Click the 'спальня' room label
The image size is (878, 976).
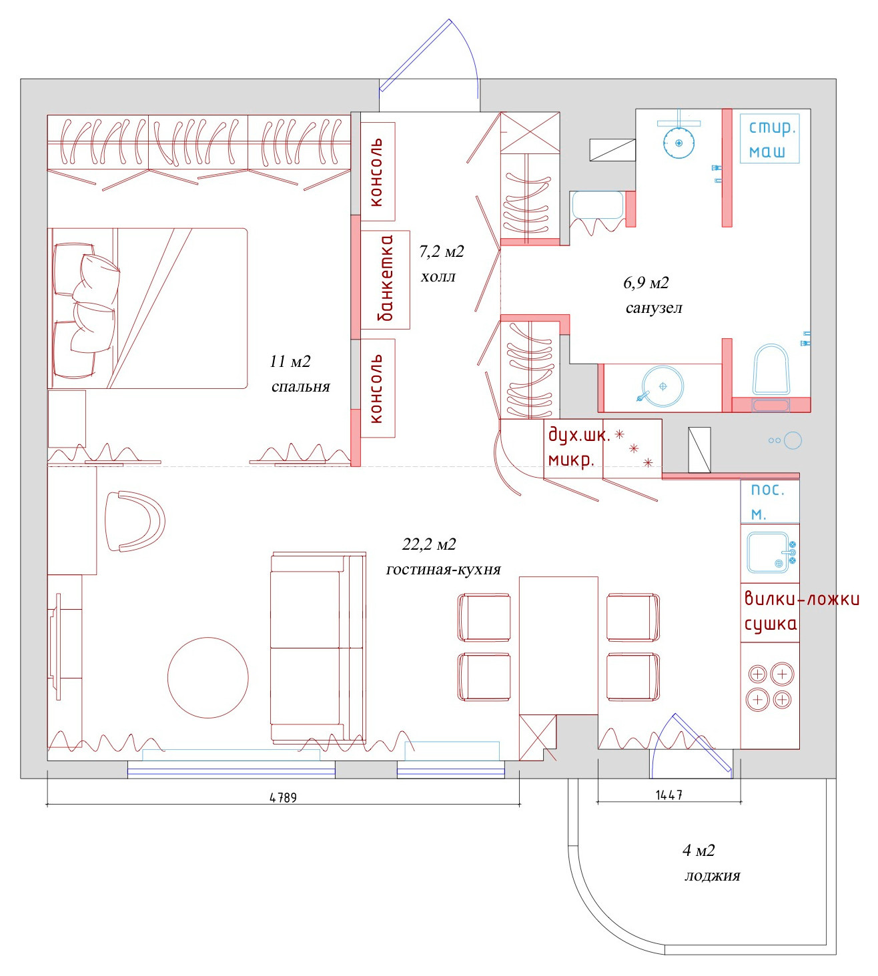pos(300,387)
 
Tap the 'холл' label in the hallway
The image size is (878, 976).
pos(438,277)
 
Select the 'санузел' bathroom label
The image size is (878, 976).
pos(654,308)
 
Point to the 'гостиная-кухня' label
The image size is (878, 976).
pos(443,570)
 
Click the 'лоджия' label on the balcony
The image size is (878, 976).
pos(712,876)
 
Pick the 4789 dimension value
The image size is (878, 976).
pos(283,797)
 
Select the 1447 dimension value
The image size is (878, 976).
pos(669,795)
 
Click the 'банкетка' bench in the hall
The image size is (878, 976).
pos(386,279)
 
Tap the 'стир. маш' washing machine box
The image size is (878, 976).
pos(769,139)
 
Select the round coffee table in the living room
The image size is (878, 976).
pos(208,678)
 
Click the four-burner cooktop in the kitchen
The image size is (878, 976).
pos(769,686)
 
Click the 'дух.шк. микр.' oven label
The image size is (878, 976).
pos(578,447)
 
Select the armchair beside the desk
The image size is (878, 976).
pos(137,522)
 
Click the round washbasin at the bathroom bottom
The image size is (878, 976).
pos(663,386)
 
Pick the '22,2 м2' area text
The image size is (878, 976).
pos(429,544)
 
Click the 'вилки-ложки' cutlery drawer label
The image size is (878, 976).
pos(801,598)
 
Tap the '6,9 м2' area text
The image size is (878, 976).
pos(646,283)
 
